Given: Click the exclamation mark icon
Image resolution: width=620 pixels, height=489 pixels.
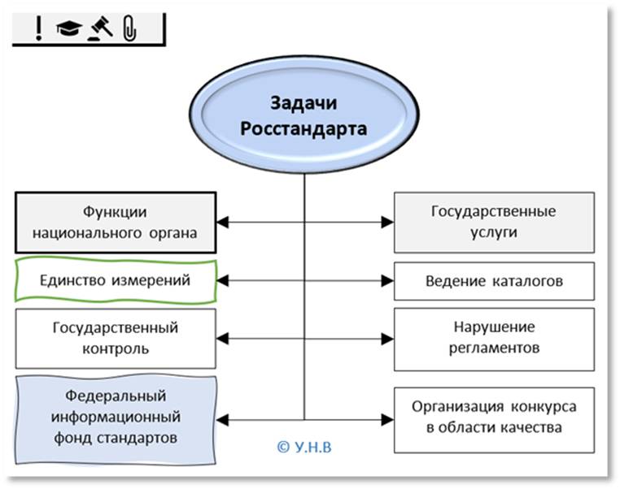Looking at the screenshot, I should [x=37, y=29].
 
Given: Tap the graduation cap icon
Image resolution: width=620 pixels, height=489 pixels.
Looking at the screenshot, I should [x=67, y=29].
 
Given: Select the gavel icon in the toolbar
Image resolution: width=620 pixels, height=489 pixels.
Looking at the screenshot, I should [x=101, y=28].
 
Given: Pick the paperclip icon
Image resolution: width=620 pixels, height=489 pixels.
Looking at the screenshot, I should [x=129, y=29].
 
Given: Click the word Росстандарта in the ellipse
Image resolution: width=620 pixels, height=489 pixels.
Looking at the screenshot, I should [x=303, y=128].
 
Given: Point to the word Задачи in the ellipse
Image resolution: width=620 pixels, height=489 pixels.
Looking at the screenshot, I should [x=303, y=103].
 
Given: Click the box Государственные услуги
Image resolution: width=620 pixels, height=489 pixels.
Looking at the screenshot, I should [x=493, y=222].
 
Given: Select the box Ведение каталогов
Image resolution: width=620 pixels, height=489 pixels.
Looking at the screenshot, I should [x=493, y=281].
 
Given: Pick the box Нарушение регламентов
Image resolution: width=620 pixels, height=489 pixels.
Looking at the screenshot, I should [x=493, y=338].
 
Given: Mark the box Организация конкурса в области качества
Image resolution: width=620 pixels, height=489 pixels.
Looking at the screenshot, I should [x=493, y=417].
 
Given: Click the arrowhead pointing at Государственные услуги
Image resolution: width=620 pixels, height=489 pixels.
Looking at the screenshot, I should [x=388, y=222].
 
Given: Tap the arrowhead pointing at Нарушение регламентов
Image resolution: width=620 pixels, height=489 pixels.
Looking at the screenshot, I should [x=388, y=338].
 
